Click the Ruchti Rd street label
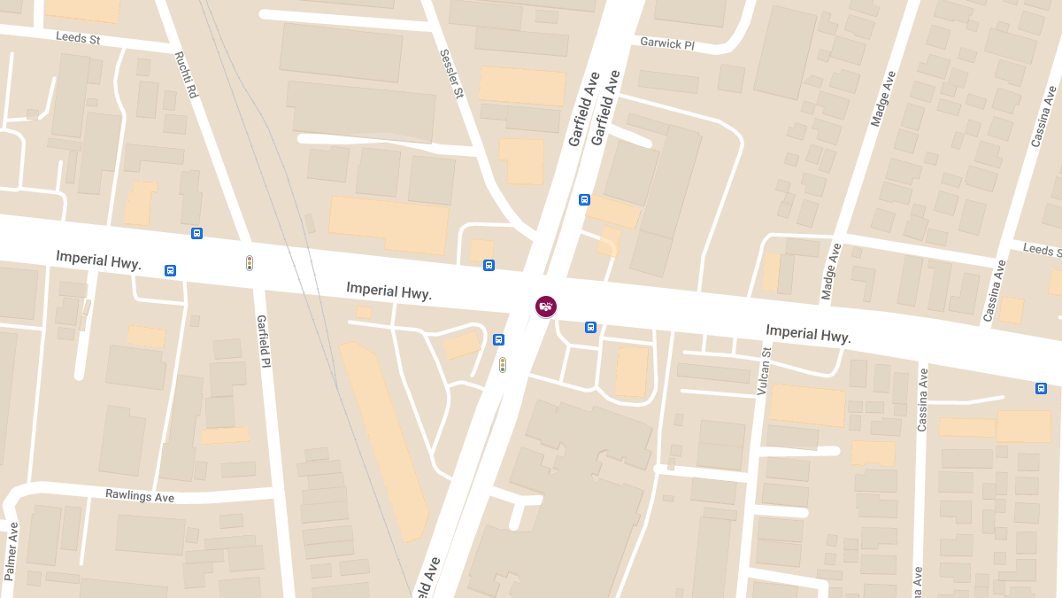[186, 74]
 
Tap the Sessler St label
[451, 74]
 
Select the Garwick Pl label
[666, 43]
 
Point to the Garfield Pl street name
[262, 341]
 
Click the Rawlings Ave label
[140, 496]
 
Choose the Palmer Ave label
[12, 551]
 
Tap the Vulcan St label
[765, 370]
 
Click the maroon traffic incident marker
[546, 307]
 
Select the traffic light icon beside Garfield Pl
[250, 263]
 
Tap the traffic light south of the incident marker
[503, 364]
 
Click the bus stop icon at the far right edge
[1041, 388]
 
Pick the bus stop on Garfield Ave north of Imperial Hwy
[584, 199]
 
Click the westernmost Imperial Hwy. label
[99, 259]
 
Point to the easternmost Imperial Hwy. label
[808, 333]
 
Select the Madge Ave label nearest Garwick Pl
[882, 98]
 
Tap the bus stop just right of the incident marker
[590, 328]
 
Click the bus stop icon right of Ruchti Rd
[196, 234]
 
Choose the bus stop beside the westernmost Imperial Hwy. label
[170, 270]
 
